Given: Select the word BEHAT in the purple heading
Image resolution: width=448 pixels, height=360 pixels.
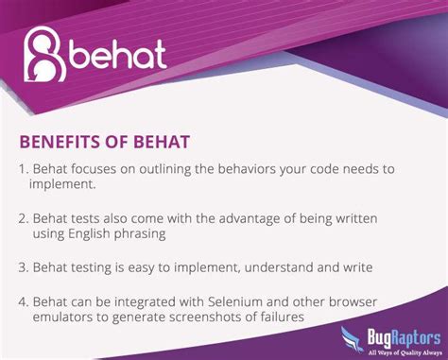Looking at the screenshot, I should pos(161,142).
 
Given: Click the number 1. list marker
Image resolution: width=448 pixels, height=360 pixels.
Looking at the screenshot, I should pos(24,169).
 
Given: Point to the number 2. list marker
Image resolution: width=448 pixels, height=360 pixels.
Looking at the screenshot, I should pos(24,218).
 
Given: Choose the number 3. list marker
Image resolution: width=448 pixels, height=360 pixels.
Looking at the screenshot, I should pos(24,267).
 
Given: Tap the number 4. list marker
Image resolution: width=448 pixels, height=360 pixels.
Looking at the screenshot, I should pos(24,301).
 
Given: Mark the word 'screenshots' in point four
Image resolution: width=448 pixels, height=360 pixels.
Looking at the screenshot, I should pos(205,317).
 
